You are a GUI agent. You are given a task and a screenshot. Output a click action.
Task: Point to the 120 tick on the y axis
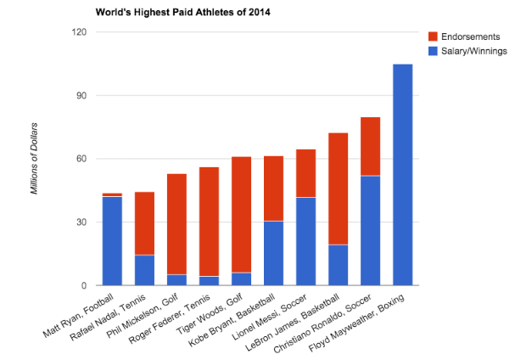[x=81, y=32]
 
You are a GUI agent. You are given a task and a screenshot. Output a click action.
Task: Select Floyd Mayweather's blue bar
[x=403, y=175]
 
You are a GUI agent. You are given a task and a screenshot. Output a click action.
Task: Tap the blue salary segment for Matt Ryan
[x=112, y=241]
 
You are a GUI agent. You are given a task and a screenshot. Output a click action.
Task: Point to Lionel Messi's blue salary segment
[x=305, y=242]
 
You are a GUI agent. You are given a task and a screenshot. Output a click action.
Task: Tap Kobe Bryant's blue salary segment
[x=273, y=253]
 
